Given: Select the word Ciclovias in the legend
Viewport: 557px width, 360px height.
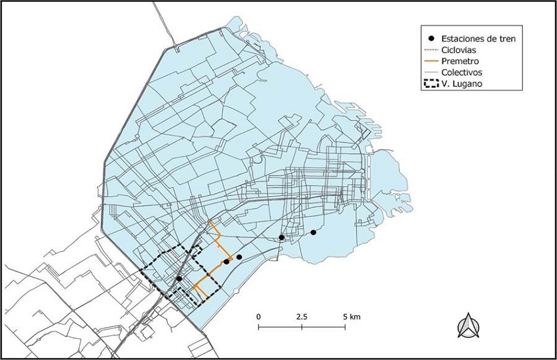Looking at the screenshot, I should point(458,50).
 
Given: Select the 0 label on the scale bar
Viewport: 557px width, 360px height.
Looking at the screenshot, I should point(259,316).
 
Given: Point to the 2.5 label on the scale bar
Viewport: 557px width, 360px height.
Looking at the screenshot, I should point(301,316).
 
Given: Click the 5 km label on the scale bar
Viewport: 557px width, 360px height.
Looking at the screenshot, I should point(351,316).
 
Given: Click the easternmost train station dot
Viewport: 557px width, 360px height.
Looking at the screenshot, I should point(313,232).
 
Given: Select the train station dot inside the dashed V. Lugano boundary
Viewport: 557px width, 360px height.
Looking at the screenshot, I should point(179,279).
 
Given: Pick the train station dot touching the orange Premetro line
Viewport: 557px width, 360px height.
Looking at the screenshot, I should point(226,262).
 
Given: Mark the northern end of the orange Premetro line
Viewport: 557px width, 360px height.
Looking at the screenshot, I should point(209,222).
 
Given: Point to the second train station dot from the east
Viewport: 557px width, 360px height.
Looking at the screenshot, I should point(281,237).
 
